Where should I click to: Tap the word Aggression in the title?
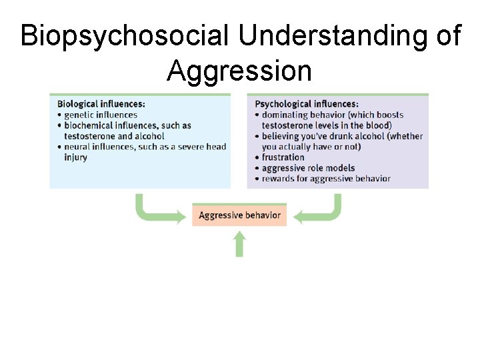point(239,70)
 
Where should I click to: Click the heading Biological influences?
point(101,104)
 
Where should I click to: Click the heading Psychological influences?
point(307,104)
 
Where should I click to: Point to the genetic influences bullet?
point(100,115)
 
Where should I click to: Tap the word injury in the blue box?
point(75,157)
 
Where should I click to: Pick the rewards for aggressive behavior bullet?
point(325,179)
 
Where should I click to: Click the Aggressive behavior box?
point(239,215)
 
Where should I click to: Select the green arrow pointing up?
point(239,244)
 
